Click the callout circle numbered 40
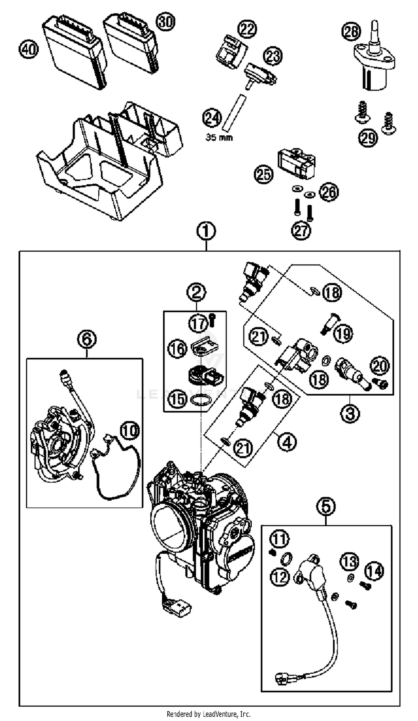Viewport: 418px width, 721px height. click(x=28, y=50)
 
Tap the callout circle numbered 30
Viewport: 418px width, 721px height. click(x=165, y=22)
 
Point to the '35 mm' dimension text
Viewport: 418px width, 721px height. click(x=219, y=138)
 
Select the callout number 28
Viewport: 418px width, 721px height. click(x=351, y=31)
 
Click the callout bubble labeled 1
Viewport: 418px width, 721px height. click(x=206, y=231)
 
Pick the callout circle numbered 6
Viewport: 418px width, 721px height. click(x=87, y=339)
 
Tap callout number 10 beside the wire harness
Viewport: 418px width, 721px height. click(x=130, y=430)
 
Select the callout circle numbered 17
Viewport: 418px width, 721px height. click(x=198, y=324)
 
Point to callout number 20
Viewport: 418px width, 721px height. click(x=380, y=366)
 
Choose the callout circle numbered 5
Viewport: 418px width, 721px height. click(x=326, y=506)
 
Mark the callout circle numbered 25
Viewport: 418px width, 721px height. click(x=264, y=174)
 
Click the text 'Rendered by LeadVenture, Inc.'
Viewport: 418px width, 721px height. click(x=208, y=714)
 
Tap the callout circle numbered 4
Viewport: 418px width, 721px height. click(x=287, y=442)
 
